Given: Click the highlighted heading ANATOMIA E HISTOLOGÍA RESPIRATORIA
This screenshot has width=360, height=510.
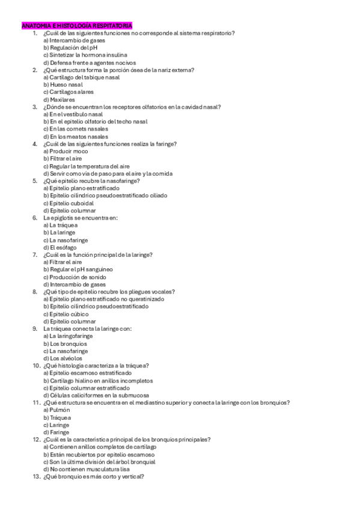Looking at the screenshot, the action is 77,26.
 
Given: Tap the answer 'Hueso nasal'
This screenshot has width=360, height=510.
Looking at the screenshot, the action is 63,85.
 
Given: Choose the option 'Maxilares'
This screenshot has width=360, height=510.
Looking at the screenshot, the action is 59,99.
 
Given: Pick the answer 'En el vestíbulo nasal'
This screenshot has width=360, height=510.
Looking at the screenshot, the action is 73,114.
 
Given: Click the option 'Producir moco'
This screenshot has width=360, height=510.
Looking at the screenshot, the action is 66,152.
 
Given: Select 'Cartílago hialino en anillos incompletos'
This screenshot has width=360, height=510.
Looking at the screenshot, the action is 98,381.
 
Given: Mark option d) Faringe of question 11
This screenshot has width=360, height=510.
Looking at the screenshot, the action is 56,432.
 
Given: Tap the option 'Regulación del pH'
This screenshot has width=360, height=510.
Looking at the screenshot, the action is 70,48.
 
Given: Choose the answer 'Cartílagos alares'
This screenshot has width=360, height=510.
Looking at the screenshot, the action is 69,92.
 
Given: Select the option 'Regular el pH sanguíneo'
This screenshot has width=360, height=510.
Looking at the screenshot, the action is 78,269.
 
